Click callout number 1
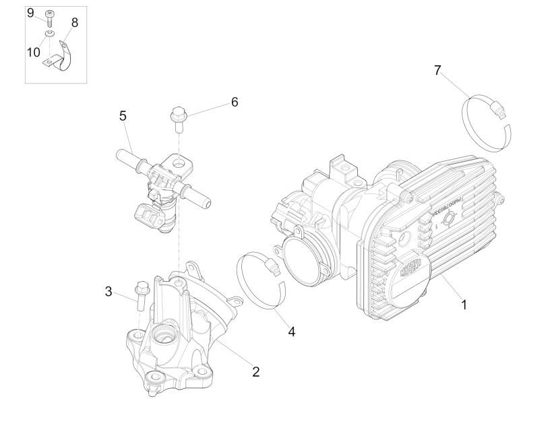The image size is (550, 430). [464, 305]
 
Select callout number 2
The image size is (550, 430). [255, 371]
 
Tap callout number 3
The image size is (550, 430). [108, 291]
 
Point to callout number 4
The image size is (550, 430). [291, 331]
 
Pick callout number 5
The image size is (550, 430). [123, 116]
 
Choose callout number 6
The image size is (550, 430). [234, 102]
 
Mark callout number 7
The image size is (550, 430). [437, 69]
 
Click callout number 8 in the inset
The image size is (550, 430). [74, 22]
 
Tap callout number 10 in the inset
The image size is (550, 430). [33, 52]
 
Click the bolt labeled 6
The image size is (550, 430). [178, 119]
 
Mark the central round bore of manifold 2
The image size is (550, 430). [164, 334]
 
